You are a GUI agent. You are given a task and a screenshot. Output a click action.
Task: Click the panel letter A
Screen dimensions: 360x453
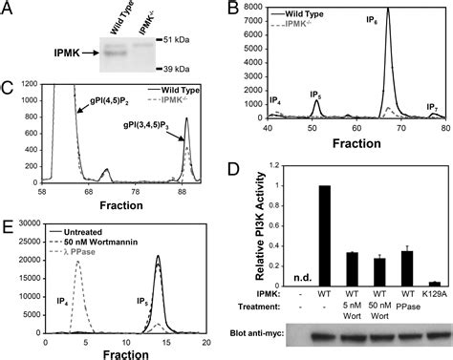[x=11, y=11]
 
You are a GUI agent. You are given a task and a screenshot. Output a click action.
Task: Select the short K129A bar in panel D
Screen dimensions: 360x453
[x=437, y=284]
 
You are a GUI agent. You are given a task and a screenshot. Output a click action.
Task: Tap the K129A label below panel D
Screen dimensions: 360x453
[x=437, y=296]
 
